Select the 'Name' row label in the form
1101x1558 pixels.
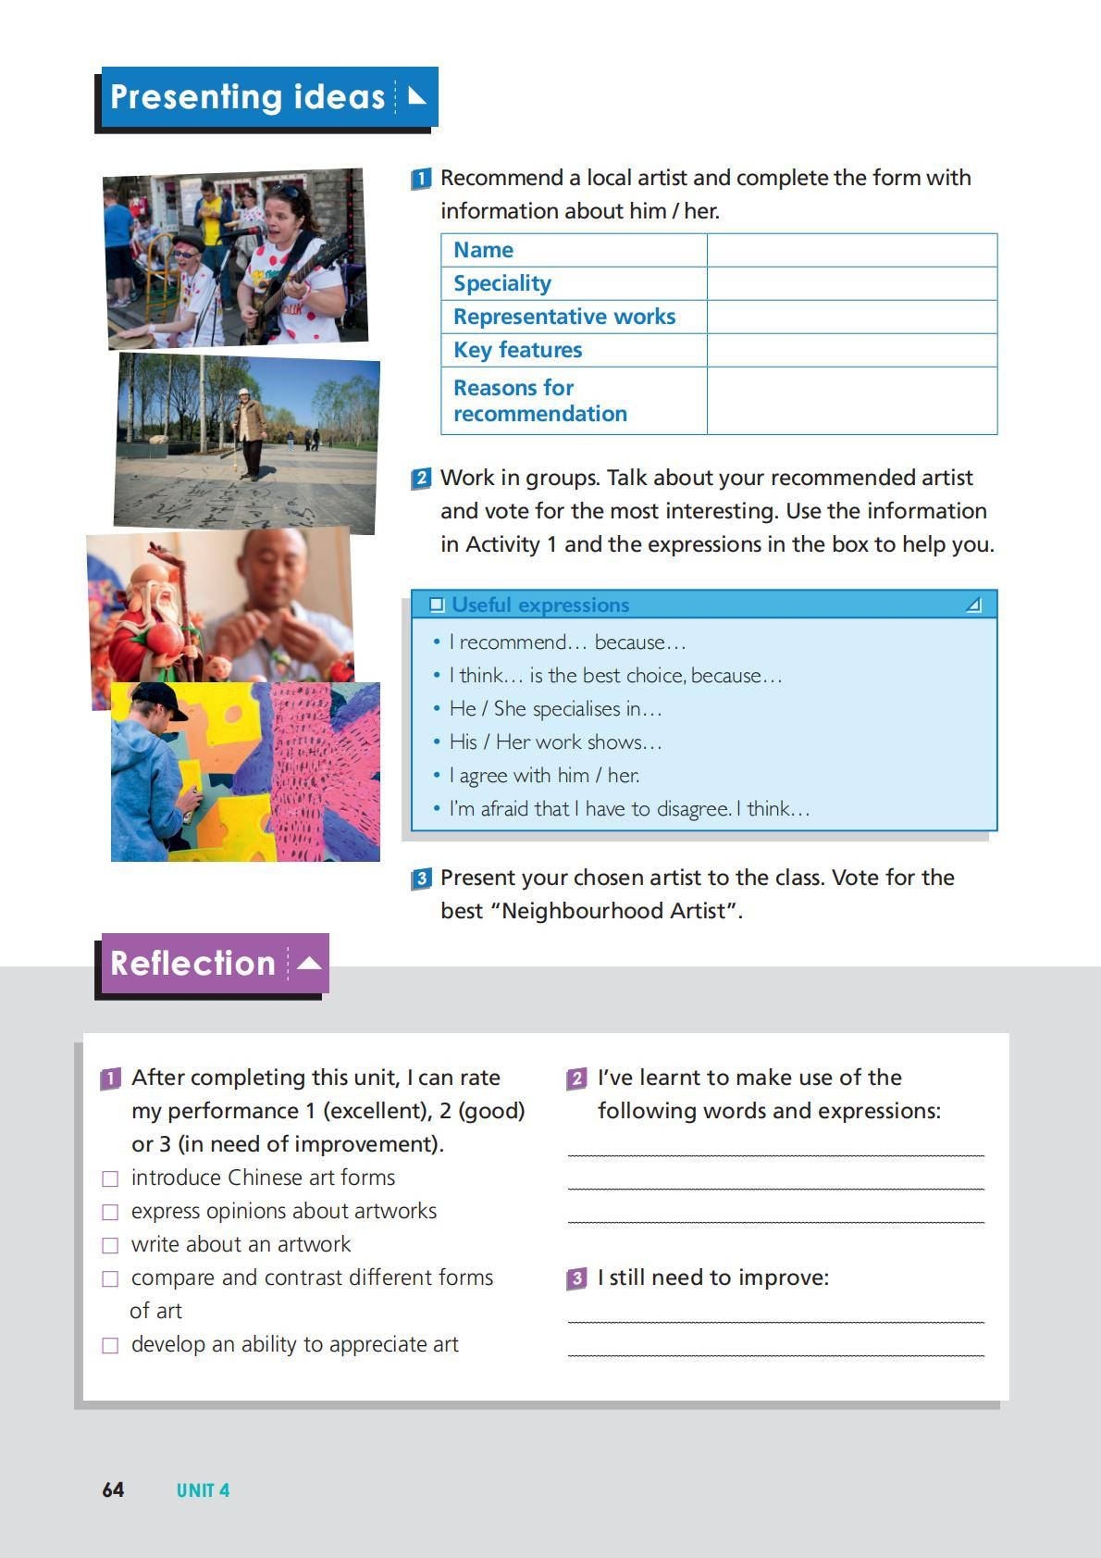(x=483, y=250)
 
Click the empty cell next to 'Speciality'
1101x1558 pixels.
(x=851, y=283)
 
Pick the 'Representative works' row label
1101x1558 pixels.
(x=564, y=317)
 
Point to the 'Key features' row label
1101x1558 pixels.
(x=517, y=350)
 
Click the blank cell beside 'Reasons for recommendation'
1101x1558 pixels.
(x=851, y=401)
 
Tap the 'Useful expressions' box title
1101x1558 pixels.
(x=540, y=605)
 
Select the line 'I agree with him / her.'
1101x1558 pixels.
(x=544, y=775)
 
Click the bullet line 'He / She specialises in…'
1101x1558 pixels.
(x=555, y=708)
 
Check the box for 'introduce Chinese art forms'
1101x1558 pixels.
(x=110, y=1178)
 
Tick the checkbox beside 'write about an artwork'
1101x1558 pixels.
(x=110, y=1245)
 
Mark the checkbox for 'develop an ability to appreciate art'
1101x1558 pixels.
(x=110, y=1345)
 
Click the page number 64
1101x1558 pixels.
(x=113, y=1489)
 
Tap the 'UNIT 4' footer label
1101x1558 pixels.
(x=203, y=1490)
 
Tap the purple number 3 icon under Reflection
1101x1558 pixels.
(x=576, y=1278)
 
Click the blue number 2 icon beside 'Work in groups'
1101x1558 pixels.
(x=421, y=479)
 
